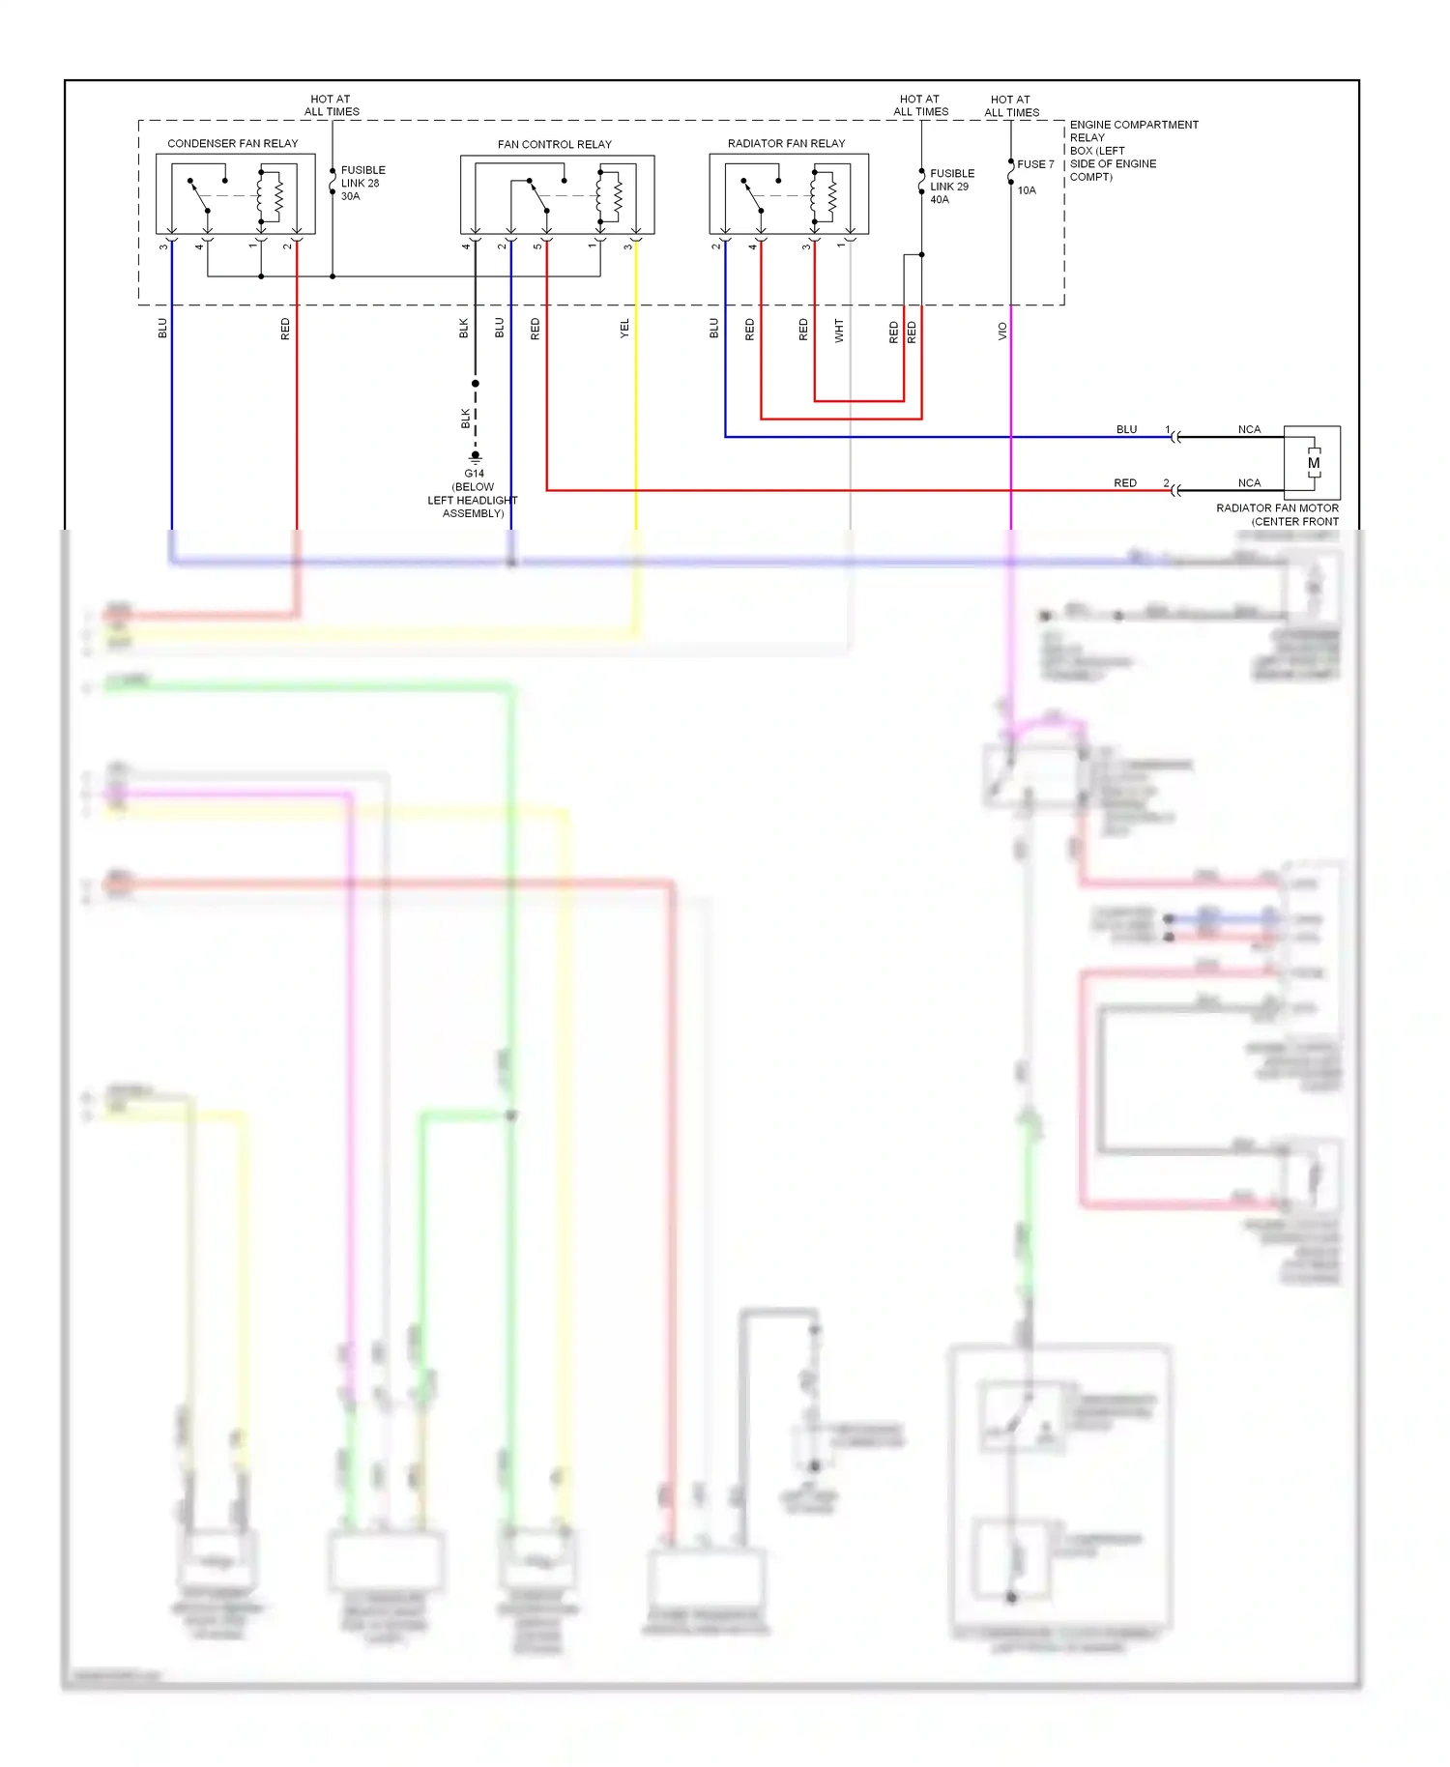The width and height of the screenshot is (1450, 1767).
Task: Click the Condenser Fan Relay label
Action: point(232,143)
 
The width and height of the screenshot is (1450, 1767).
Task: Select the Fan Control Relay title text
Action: point(554,144)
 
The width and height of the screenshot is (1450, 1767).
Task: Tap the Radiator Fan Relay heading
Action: point(786,143)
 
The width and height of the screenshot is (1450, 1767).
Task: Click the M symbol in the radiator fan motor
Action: point(1313,463)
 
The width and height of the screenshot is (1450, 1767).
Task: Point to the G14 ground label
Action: point(474,474)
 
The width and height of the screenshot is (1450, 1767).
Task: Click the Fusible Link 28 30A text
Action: point(362,183)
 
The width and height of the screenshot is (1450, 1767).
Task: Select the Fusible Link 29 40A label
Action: point(951,187)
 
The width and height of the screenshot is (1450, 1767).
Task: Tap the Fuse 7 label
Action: point(1035,164)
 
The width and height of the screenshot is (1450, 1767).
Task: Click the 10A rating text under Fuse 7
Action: point(1026,190)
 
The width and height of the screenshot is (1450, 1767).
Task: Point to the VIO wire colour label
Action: point(1002,331)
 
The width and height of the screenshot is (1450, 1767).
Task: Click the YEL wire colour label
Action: point(624,329)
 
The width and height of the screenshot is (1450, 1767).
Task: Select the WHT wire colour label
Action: point(839,331)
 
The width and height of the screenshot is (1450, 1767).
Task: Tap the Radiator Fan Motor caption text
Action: point(1277,514)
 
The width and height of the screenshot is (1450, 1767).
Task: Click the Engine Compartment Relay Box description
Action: point(1132,151)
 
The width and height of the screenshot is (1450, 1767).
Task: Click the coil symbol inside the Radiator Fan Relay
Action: point(831,196)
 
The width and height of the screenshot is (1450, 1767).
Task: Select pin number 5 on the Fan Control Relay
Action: point(537,246)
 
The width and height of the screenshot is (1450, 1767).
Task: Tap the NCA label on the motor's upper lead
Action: point(1249,429)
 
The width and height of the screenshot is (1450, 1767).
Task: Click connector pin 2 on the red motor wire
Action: point(1166,482)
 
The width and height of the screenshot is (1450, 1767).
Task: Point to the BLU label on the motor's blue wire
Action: point(1126,429)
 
